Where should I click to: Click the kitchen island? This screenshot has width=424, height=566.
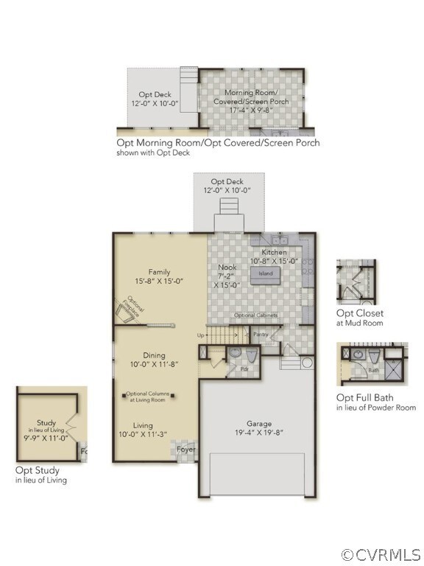point(265,274)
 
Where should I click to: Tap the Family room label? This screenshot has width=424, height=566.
point(159,271)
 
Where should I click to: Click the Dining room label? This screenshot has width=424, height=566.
point(155,355)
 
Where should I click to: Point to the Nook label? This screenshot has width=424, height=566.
point(227,268)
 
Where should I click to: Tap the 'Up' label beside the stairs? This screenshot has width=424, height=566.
point(200,335)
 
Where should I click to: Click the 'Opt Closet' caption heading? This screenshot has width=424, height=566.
point(359,313)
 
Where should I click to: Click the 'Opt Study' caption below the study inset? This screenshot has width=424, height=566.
point(38,470)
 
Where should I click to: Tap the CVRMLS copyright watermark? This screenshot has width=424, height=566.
point(381,554)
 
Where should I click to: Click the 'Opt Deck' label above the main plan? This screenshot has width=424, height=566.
point(227,181)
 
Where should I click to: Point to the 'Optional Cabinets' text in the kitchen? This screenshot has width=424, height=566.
point(256,316)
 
